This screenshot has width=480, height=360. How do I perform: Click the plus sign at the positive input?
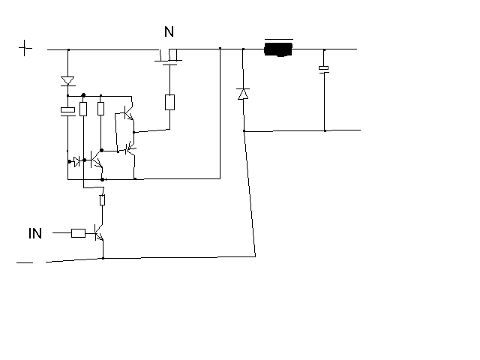tap(25, 48)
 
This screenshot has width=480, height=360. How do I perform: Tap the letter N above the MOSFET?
tap(169, 31)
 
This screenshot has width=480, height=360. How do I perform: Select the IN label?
tap(35, 233)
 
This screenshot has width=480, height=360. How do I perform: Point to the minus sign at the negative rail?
tap(25, 262)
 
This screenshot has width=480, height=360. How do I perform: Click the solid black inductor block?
tap(278, 49)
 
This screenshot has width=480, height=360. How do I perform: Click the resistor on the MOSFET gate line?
tap(170, 102)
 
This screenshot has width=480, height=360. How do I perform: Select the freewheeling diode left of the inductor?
tap(243, 94)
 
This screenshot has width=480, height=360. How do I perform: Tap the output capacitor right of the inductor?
tap(324, 70)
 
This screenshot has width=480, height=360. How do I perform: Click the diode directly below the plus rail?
tap(67, 82)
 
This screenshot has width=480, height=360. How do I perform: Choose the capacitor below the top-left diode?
tap(68, 112)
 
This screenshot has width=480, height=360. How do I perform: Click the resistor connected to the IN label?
tap(78, 233)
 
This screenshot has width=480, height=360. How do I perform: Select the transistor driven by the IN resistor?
tap(99, 233)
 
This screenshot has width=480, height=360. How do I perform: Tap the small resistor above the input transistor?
tap(102, 200)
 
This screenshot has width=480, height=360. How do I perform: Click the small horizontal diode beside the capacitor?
tap(76, 161)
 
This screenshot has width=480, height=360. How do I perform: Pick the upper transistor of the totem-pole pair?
tap(128, 113)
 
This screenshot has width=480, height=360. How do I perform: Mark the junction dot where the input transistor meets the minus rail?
tap(103, 258)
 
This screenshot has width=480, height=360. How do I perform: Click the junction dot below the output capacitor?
tap(325, 130)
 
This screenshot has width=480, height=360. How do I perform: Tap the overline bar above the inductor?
tap(279, 39)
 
